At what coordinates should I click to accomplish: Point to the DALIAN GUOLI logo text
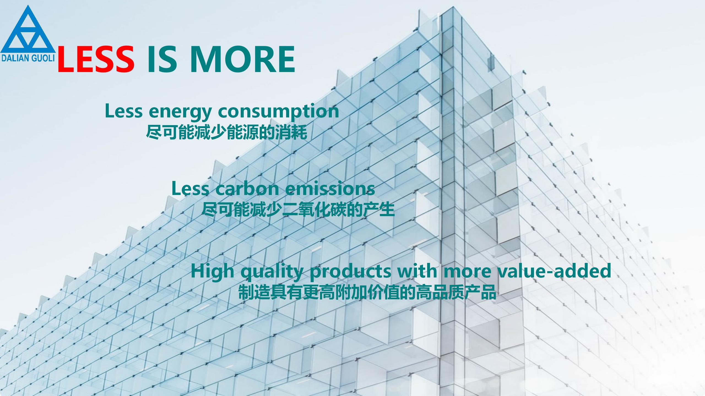28,58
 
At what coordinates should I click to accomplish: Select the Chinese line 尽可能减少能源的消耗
226,133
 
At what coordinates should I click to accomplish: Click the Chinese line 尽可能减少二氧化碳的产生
298,210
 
